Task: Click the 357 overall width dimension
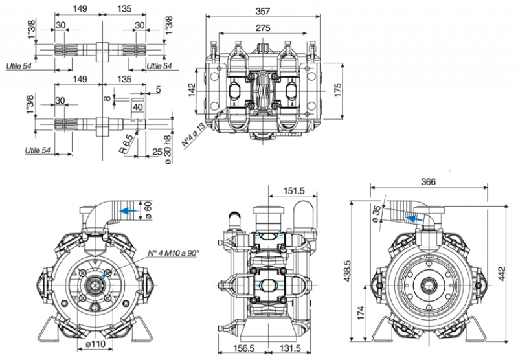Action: click(262, 11)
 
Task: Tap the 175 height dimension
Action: click(337, 89)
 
